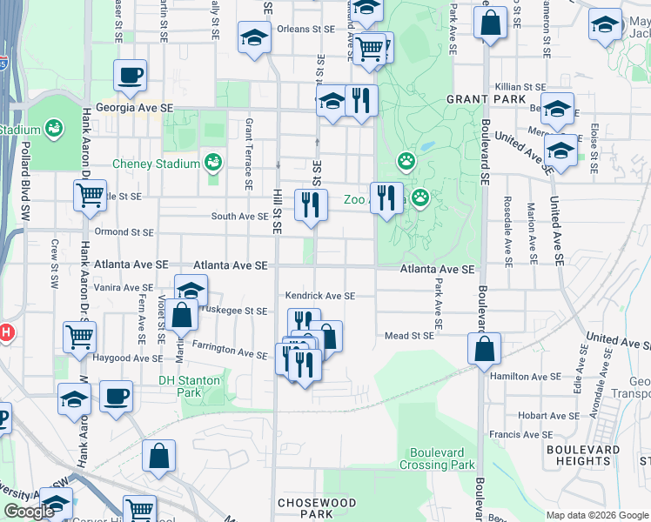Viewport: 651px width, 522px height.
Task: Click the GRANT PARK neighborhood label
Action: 486,99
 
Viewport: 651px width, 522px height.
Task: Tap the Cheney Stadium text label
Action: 156,164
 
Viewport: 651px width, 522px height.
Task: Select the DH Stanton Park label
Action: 191,386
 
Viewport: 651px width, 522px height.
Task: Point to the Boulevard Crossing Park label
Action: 438,458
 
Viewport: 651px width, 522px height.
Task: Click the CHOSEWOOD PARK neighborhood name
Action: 317,508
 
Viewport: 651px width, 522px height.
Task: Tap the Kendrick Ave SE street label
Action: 320,296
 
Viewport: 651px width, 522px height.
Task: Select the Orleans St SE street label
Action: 299,29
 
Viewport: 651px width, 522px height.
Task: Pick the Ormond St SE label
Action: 125,232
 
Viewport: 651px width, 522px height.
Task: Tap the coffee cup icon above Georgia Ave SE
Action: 130,76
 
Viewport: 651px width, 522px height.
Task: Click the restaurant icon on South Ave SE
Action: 311,205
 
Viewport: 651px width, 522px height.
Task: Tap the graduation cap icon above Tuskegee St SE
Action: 191,291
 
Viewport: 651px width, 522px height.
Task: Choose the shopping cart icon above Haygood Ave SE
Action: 79,335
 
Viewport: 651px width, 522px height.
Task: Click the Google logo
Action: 30,512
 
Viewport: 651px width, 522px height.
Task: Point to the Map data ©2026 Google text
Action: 596,515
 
